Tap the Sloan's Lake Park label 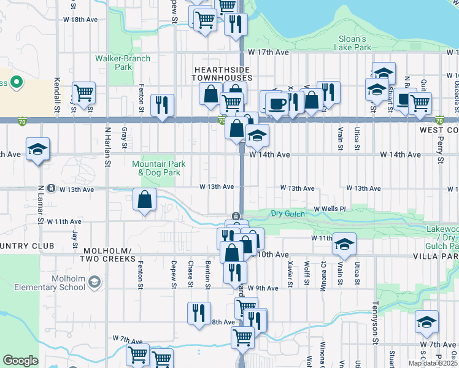[354, 43]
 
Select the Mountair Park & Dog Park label [158, 168]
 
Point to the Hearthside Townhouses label [222, 74]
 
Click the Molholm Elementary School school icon [94, 282]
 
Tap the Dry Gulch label [287, 213]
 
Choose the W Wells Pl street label [330, 209]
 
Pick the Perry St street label [440, 150]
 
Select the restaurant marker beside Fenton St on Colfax [162, 105]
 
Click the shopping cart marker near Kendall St [83, 93]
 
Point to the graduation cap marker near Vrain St [345, 244]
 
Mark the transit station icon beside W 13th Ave [52, 188]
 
